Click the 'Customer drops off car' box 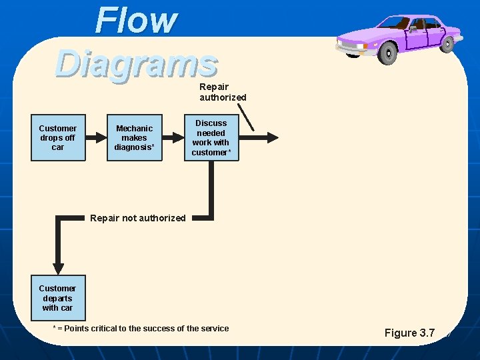point(58,138)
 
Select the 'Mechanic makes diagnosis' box point(134,138)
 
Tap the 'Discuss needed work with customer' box point(211,138)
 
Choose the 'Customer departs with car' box point(58,298)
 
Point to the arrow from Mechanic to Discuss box point(174,138)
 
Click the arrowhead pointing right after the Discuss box point(272,138)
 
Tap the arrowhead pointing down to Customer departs point(58,264)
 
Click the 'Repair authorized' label point(223,92)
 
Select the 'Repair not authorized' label point(137,218)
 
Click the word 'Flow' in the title point(136,21)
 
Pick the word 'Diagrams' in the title point(137,63)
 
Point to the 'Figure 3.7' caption point(409,333)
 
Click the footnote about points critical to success point(141,328)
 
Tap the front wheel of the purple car point(387,53)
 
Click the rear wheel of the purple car point(448,43)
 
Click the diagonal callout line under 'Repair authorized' point(245,116)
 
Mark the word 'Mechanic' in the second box point(134,128)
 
